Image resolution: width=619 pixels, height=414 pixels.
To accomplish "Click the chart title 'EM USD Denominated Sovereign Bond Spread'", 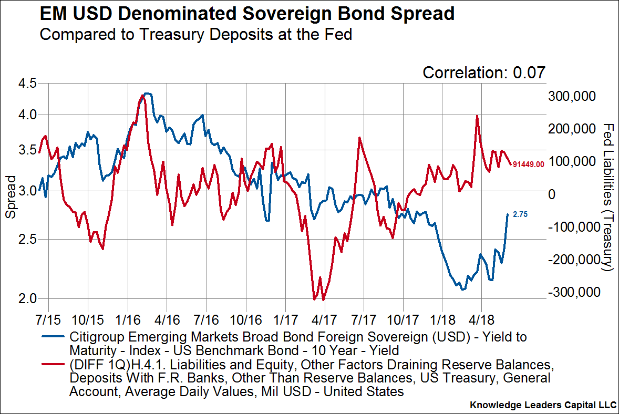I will point(247,14).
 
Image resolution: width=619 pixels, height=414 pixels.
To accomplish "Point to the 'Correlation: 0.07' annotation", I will point(484,73).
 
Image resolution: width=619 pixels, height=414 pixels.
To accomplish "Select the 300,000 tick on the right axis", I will point(571,97).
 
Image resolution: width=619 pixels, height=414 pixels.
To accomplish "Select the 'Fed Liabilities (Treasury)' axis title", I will point(608,197).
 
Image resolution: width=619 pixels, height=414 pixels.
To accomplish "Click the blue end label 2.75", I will point(520,214).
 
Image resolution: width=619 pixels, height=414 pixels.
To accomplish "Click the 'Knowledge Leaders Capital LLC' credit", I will point(543,405).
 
